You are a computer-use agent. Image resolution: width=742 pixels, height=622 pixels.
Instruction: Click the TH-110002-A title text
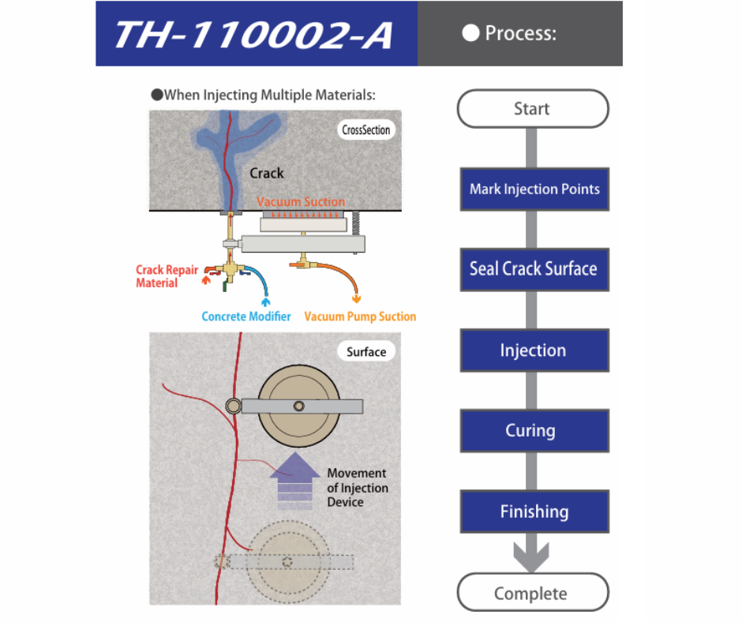[253, 35]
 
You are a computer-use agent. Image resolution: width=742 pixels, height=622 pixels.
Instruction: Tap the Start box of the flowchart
[532, 109]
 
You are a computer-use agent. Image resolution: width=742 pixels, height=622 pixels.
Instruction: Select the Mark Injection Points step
[534, 189]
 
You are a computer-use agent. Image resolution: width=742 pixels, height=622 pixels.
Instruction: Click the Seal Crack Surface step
[534, 269]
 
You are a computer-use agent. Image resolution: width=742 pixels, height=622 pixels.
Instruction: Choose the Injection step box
[534, 350]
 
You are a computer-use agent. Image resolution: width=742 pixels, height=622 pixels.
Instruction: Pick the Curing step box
[534, 431]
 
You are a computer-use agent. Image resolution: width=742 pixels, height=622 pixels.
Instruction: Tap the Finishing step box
[534, 511]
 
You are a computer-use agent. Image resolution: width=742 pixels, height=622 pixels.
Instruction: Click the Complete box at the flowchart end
[532, 593]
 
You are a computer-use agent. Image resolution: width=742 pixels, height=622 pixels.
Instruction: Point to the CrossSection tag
[366, 130]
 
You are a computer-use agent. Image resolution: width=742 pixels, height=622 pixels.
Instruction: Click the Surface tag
[366, 351]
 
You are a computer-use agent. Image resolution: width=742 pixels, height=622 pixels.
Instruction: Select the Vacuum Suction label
[301, 202]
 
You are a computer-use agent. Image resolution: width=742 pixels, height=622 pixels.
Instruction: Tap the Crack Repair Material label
[167, 276]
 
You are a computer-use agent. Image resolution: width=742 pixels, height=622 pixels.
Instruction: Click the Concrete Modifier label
[246, 317]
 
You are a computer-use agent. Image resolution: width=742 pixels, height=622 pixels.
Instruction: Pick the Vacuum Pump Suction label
[361, 317]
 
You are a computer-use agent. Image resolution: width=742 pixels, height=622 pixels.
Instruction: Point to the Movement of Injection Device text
[358, 488]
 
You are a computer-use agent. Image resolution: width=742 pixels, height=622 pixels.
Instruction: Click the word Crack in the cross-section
[267, 173]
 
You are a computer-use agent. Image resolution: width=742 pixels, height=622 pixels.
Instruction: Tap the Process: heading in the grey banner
[511, 33]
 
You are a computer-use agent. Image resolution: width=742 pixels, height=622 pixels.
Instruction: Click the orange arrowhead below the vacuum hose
[357, 298]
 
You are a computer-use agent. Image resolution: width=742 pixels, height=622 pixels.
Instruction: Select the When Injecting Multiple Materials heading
[264, 96]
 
